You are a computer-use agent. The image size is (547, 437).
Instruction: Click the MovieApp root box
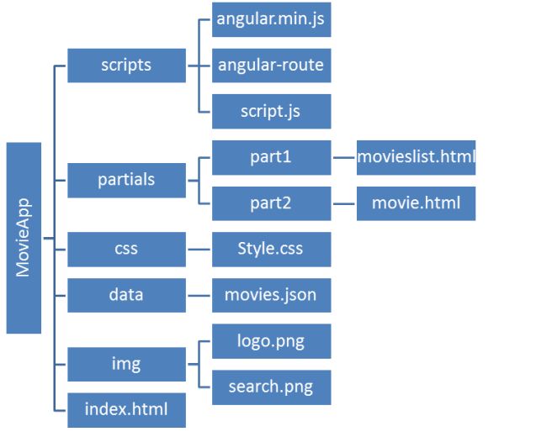24,238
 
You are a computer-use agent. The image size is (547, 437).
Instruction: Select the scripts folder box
126,65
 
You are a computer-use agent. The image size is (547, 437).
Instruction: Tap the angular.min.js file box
271,19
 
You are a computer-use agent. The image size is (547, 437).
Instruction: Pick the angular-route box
271,65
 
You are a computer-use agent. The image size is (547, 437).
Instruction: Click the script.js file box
271,111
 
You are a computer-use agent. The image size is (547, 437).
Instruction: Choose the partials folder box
126,180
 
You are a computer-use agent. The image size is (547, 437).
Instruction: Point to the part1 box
271,157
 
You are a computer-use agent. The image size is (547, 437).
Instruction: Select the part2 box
271,203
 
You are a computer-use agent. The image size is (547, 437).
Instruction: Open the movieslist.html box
416,157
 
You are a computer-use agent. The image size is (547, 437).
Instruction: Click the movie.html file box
416,203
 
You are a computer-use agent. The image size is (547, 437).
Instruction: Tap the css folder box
126,250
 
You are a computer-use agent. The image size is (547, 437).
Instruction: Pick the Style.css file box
271,250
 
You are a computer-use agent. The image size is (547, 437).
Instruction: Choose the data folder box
126,295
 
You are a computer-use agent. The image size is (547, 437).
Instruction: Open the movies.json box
271,295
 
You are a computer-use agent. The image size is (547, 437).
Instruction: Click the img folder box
126,364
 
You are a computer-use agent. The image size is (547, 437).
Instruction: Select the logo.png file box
271,341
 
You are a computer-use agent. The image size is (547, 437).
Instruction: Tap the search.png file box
271,387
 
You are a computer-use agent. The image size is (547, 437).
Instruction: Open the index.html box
126,410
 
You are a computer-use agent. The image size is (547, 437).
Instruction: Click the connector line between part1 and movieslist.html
344,157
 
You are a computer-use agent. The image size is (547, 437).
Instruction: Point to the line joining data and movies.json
199,296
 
